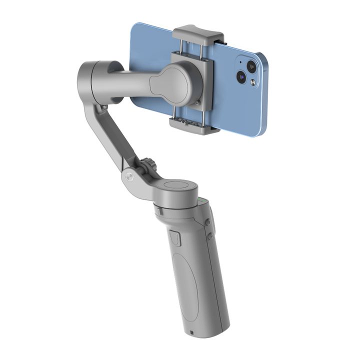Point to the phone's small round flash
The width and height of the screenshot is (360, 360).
point(253,82)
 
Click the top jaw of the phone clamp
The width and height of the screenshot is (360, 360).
point(198,33)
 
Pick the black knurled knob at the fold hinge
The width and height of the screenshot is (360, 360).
point(147,166)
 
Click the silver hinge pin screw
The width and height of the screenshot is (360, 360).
point(129,176)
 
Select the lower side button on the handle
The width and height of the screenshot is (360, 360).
point(211,235)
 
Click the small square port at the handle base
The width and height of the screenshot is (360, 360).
point(192,332)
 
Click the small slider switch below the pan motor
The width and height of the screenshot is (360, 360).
point(174,237)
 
